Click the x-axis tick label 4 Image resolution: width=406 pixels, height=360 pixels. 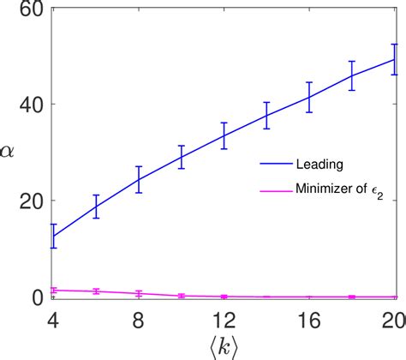53,318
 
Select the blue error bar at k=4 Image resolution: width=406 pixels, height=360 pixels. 53,236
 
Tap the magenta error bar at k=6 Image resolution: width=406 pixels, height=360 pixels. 96,291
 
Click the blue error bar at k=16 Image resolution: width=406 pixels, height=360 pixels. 309,97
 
